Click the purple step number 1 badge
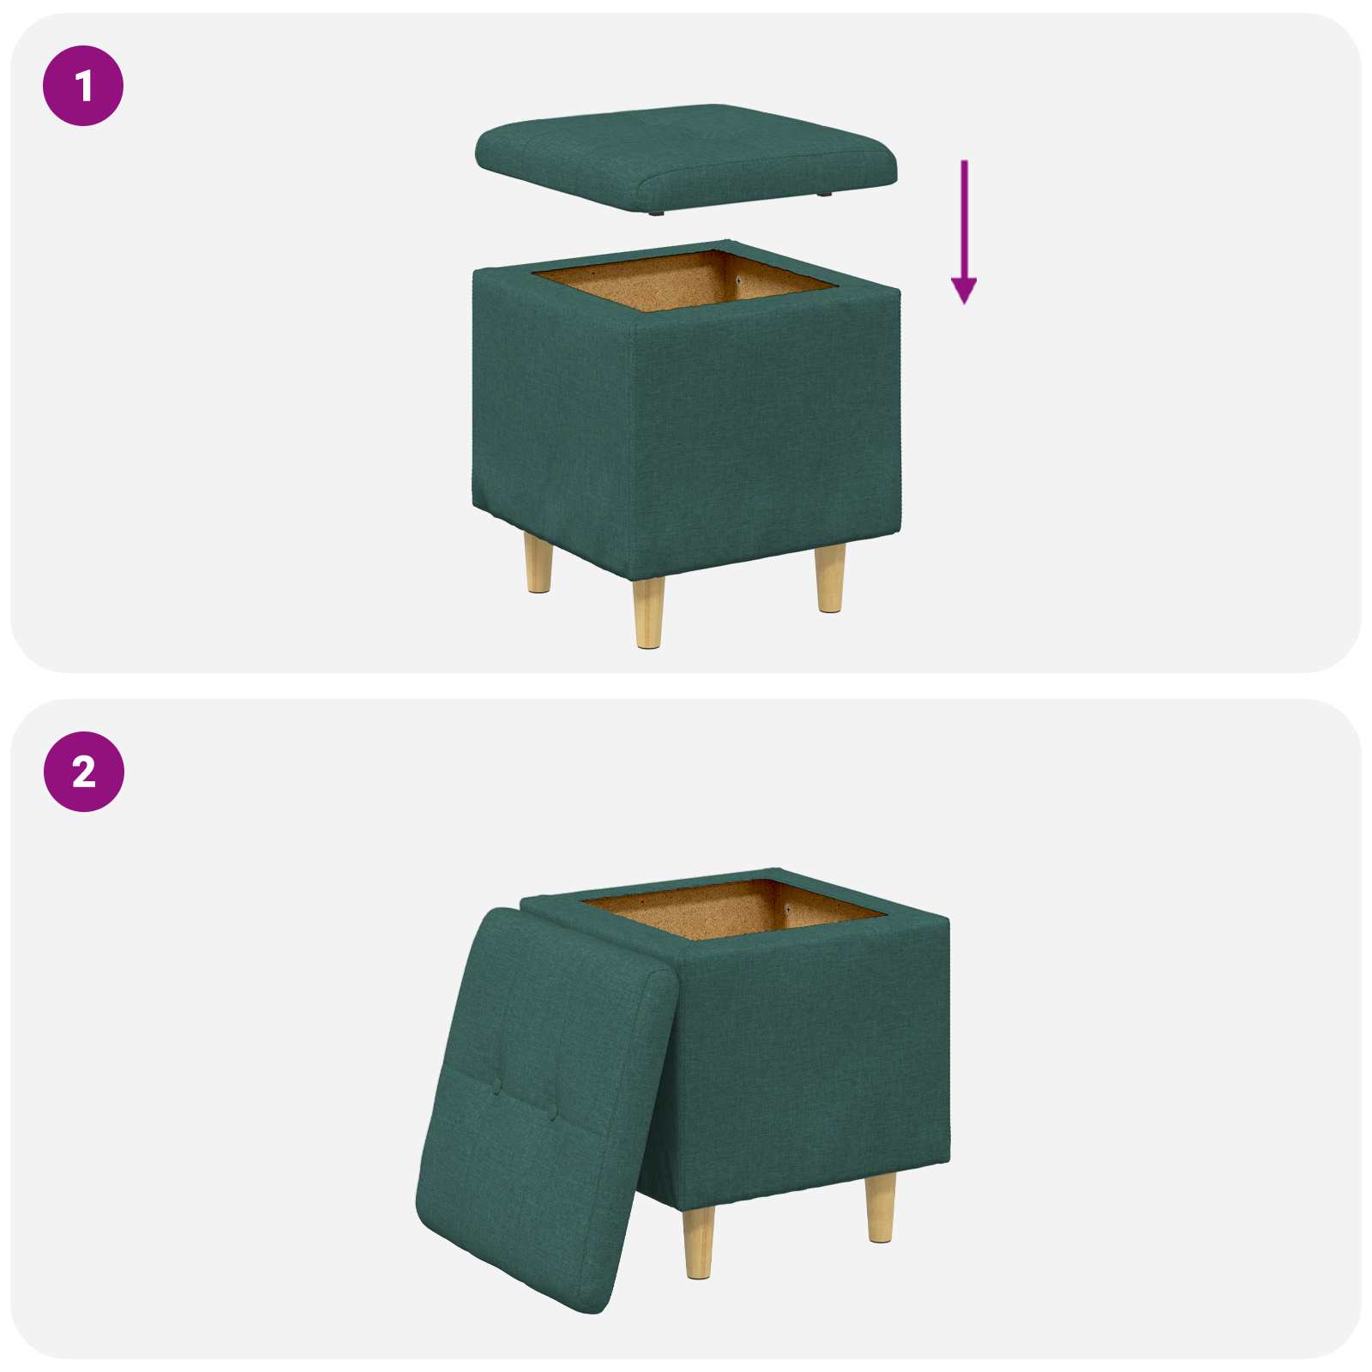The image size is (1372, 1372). coord(83,87)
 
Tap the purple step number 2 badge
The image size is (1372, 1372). coord(83,772)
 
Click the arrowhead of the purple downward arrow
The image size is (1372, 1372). coord(964,291)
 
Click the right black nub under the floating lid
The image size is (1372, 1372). coord(825,195)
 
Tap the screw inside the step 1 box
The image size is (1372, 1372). coord(739,280)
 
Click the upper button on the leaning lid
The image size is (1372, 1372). coord(496,1086)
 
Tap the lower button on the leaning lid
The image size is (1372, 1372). coord(552,1112)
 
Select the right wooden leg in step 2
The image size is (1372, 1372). coord(880,1208)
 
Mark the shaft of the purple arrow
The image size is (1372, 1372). coord(964,214)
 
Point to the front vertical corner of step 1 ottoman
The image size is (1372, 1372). coord(635,446)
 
